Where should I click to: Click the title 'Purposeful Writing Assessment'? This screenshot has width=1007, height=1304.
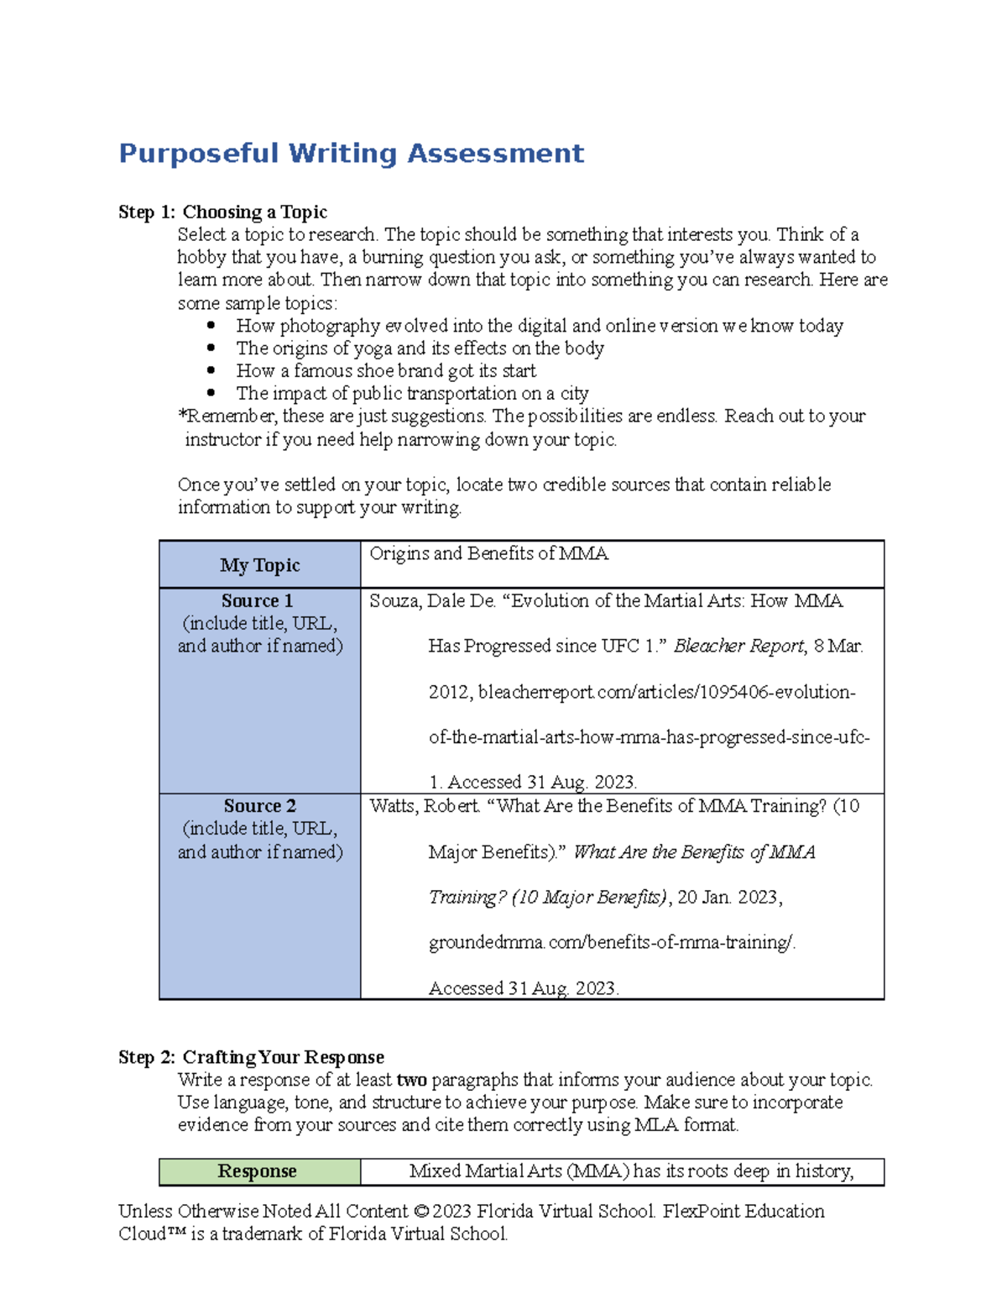pyautogui.click(x=351, y=154)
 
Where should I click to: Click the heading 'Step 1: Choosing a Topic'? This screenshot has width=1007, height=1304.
pyautogui.click(x=222, y=212)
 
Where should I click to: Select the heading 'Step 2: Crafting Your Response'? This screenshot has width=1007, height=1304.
pyautogui.click(x=251, y=1056)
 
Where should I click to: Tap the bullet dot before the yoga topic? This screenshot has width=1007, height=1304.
pyautogui.click(x=211, y=348)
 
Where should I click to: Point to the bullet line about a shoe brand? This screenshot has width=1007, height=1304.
pyautogui.click(x=386, y=370)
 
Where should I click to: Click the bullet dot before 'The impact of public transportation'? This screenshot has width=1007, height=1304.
pyautogui.click(x=211, y=393)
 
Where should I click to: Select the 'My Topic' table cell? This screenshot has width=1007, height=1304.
pyautogui.click(x=259, y=565)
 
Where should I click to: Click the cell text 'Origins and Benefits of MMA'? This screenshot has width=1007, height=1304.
pyautogui.click(x=488, y=553)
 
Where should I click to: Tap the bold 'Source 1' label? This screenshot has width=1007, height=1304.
pyautogui.click(x=257, y=600)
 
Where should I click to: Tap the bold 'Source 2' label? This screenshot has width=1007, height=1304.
pyautogui.click(x=259, y=806)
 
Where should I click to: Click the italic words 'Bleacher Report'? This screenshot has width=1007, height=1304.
pyautogui.click(x=739, y=646)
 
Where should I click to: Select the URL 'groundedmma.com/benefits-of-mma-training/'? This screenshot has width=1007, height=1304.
pyautogui.click(x=610, y=943)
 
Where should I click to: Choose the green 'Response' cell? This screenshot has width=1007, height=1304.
pyautogui.click(x=258, y=1171)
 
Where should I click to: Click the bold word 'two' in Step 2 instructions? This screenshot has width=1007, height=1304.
pyautogui.click(x=411, y=1080)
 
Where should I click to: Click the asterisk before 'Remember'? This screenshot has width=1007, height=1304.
pyautogui.click(x=181, y=415)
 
